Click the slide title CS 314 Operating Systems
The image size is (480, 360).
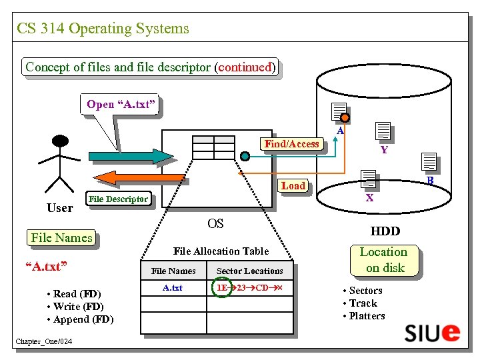coord(103,29)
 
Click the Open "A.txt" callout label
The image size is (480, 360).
coord(121,104)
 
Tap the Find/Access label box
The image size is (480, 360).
coord(292,143)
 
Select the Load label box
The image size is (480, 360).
coord(293,185)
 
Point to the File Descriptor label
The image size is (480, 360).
coord(119,199)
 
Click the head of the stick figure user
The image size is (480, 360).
coord(61,141)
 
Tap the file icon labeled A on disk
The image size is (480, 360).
coord(339,114)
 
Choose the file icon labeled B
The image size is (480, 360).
coord(429,162)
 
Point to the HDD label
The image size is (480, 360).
coord(385,231)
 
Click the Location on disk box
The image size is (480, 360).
coord(383,260)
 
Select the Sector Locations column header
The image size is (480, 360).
coord(250,271)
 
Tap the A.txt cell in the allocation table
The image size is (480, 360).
coord(173,288)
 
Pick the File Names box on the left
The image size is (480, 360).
coord(61,238)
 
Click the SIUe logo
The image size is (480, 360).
coord(433,332)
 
